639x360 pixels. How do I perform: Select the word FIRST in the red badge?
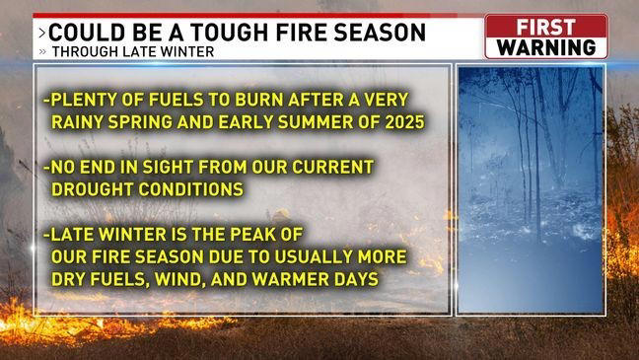coord(546,27)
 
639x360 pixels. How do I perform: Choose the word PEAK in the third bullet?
coord(264,236)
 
